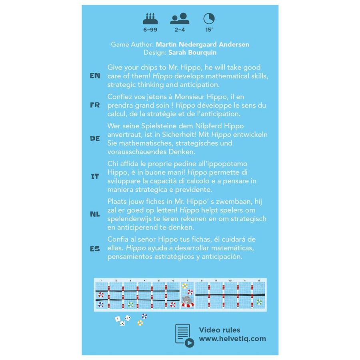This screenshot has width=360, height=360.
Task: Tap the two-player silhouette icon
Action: point(180,18)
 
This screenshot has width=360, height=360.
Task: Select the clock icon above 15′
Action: point(209,18)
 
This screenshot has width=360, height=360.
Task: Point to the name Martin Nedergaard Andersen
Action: point(202,44)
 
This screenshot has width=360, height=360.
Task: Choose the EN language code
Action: point(95,76)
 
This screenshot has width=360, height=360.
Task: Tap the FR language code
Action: point(95,105)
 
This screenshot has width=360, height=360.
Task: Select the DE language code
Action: point(95,138)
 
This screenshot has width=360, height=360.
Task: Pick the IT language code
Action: point(95,176)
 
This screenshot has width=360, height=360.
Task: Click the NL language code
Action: point(95,214)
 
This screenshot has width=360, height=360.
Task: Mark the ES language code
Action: point(95,248)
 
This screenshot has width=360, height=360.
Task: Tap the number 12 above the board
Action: point(259,280)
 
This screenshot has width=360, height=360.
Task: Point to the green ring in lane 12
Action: point(259,302)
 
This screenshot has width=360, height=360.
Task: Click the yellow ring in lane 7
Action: point(185,286)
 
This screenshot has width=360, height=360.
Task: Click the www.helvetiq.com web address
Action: point(232,339)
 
